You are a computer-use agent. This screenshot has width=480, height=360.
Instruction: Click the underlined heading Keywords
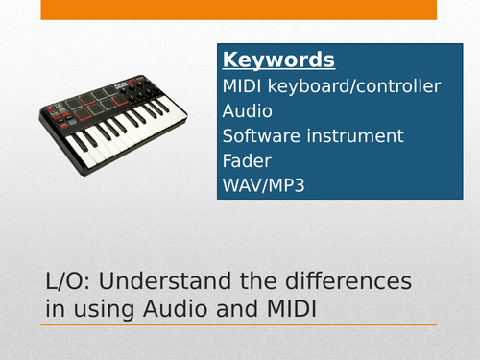click(278, 60)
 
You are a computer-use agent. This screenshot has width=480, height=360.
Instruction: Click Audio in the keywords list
click(247, 111)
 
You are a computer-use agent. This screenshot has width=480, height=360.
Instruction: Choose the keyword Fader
click(246, 161)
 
